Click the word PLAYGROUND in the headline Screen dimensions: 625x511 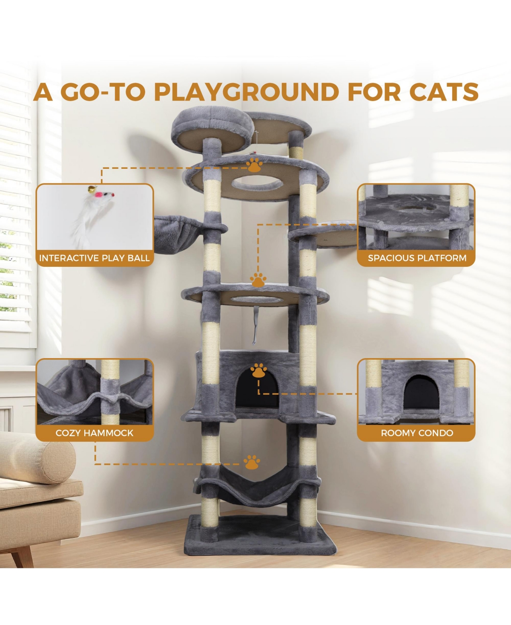(246, 92)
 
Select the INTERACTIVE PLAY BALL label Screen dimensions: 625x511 (95, 258)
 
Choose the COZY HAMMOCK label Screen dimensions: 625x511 (95, 433)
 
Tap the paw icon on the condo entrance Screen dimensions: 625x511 (258, 370)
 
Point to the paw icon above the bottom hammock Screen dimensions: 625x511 (252, 462)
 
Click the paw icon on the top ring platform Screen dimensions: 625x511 (254, 165)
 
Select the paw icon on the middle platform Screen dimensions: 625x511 (258, 280)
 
